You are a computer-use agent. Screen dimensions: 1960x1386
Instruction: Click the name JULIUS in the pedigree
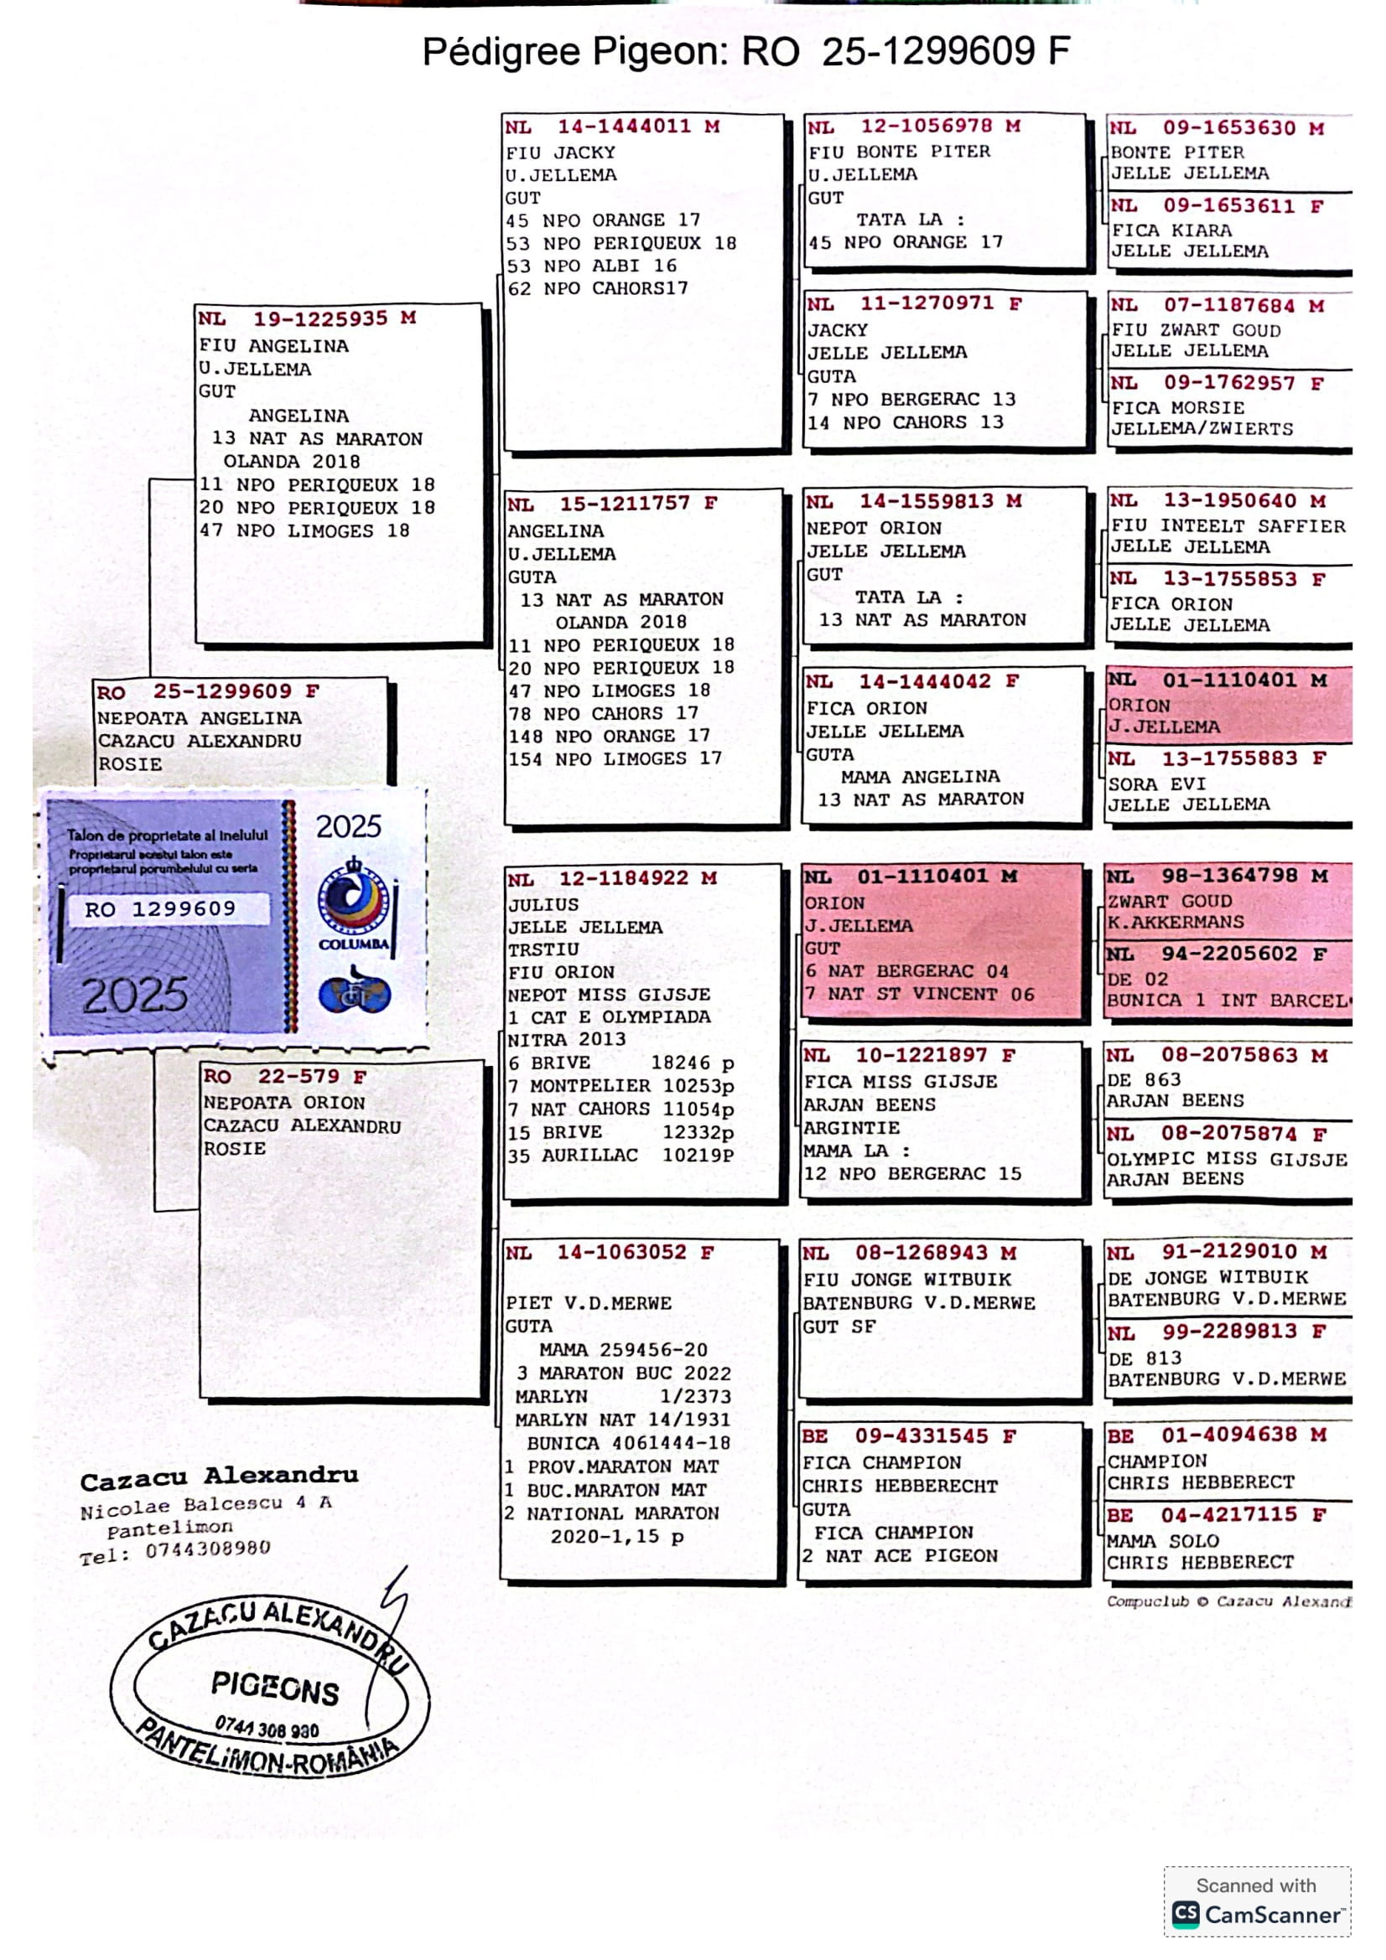543,905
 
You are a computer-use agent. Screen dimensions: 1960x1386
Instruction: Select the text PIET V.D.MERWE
589,1303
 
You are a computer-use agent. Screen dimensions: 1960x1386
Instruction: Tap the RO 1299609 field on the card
160,909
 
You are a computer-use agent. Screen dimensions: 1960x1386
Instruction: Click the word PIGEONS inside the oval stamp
275,1688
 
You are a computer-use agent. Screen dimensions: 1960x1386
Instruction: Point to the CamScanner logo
1255,1914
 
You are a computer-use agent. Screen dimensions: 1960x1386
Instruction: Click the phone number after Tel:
207,1549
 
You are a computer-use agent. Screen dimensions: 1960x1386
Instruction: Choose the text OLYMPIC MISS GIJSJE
1227,1159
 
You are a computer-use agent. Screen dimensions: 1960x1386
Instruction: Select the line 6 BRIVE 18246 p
620,1063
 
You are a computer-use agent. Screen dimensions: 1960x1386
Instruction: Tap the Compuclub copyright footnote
1228,1601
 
